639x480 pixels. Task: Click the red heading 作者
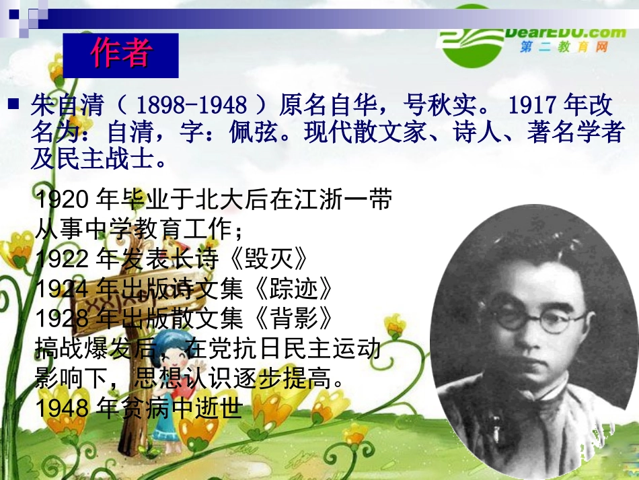coord(121,55)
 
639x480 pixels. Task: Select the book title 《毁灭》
coord(275,259)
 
